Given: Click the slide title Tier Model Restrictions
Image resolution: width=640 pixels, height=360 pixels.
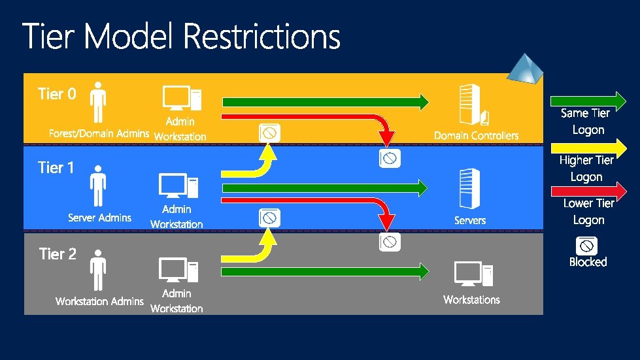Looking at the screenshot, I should (182, 37).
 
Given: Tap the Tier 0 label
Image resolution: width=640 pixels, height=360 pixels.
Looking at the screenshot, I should (57, 94).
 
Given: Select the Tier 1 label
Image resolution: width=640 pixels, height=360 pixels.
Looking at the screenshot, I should (56, 168).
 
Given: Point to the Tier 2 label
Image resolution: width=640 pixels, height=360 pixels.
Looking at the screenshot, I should (58, 254).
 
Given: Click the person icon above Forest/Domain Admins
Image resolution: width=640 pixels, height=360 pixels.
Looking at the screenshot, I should (99, 102).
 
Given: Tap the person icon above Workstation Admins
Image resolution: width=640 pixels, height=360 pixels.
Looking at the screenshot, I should (99, 270).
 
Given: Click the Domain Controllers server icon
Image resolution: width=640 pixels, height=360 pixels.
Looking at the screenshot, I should (474, 105).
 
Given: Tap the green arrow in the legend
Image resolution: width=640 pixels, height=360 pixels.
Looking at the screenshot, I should (588, 101).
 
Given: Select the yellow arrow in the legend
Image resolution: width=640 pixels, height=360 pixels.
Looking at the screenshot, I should (588, 147).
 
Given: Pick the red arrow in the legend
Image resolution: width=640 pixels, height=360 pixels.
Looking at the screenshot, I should (588, 191).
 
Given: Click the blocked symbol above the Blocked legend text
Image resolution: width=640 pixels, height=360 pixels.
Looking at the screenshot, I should (587, 246).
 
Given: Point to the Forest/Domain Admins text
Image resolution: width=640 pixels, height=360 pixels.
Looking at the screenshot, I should (99, 133).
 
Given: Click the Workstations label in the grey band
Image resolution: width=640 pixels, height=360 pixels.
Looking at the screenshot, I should (471, 300).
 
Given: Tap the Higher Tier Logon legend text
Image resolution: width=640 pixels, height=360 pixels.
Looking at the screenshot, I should (586, 168).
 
